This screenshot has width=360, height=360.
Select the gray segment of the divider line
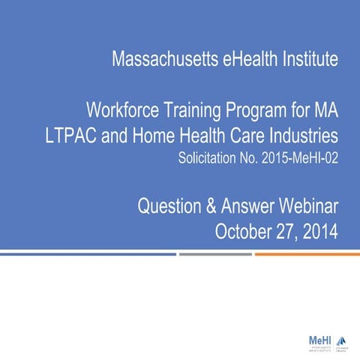click(215, 253)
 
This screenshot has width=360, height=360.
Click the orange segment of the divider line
click(307, 253)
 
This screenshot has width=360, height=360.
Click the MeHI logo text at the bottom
click(320, 340)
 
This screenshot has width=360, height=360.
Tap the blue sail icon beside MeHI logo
click(342, 340)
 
